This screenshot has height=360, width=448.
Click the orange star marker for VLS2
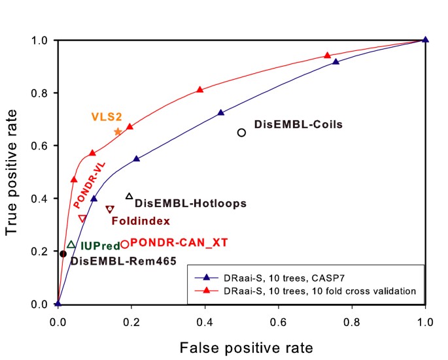tap(118, 132)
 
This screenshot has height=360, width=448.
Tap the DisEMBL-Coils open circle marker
tap(241, 133)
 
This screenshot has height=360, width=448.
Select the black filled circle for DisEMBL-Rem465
tap(63, 254)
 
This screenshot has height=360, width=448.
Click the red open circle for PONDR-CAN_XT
tap(125, 244)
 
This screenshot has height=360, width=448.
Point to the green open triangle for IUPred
tap(71, 244)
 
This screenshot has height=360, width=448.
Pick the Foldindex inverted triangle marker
tap(110, 210)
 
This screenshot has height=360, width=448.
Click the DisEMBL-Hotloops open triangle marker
tap(129, 196)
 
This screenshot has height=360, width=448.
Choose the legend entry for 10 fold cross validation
tap(307, 290)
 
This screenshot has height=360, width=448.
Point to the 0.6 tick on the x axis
tap(279, 321)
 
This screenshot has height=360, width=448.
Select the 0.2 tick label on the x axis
tap(131, 321)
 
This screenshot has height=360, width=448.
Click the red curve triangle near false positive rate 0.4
tap(200, 90)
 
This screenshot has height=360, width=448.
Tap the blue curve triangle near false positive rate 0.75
tap(336, 61)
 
